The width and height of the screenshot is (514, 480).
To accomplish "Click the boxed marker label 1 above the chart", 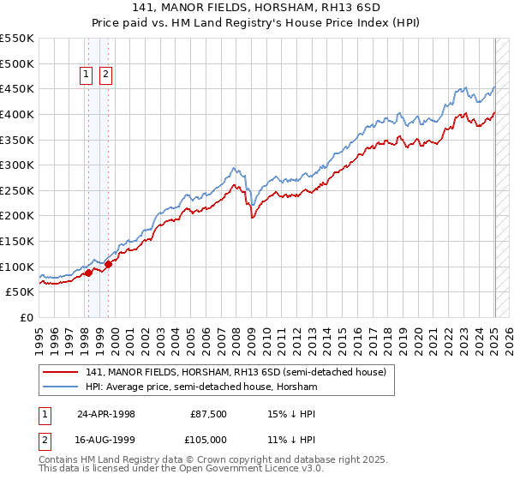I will pos(87,75).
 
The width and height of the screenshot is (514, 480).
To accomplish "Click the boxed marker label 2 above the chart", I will pos(105,75).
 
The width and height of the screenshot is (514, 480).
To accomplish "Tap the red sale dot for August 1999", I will pos(108,264).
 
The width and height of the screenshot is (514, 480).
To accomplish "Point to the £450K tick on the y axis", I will pos(17,89).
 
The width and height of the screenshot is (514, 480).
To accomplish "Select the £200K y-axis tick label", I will pos(17,216).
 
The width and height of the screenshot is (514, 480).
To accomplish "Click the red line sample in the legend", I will pos(61,372).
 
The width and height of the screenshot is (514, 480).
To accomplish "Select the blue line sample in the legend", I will pos(61,387).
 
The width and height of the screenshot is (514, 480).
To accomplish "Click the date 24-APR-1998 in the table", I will pos(106,414).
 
